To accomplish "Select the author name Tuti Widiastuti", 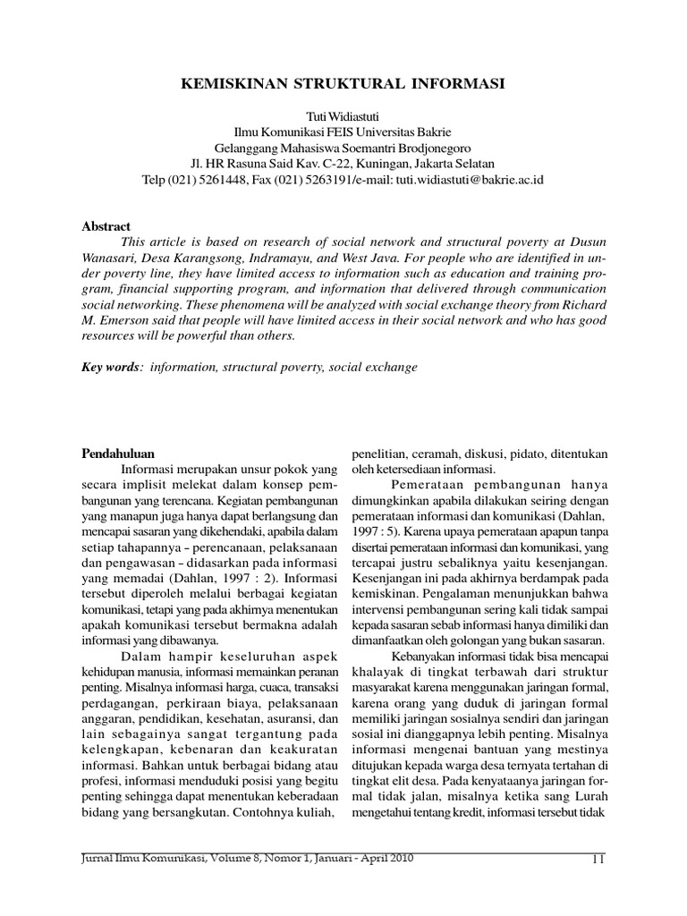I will (x=343, y=118).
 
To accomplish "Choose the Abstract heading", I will (x=106, y=227).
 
